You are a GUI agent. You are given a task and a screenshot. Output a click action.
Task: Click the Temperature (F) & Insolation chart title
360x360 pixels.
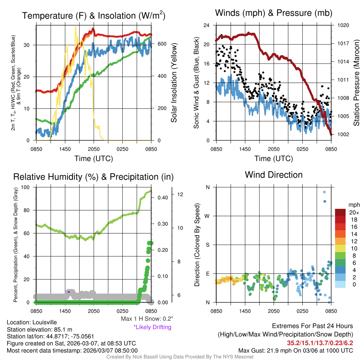click(94, 15)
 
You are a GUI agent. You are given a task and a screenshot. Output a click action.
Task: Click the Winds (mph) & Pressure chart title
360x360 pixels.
click(274, 13)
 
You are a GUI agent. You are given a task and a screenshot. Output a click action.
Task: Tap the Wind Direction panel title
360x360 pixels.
click(274, 174)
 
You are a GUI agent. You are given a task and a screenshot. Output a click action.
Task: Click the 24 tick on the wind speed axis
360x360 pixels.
click(207, 26)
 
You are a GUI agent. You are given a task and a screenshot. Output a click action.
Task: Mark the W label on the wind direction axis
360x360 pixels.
click(207, 216)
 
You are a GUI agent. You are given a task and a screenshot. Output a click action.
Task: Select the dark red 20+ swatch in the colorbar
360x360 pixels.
click(340, 212)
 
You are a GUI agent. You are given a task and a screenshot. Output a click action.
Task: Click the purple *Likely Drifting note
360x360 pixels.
click(152, 327)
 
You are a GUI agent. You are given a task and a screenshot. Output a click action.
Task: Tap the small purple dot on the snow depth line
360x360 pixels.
click(69, 292)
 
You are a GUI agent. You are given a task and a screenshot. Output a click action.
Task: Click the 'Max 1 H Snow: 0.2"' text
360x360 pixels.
click(147, 319)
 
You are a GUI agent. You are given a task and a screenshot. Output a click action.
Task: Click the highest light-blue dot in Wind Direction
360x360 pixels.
click(324, 192)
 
